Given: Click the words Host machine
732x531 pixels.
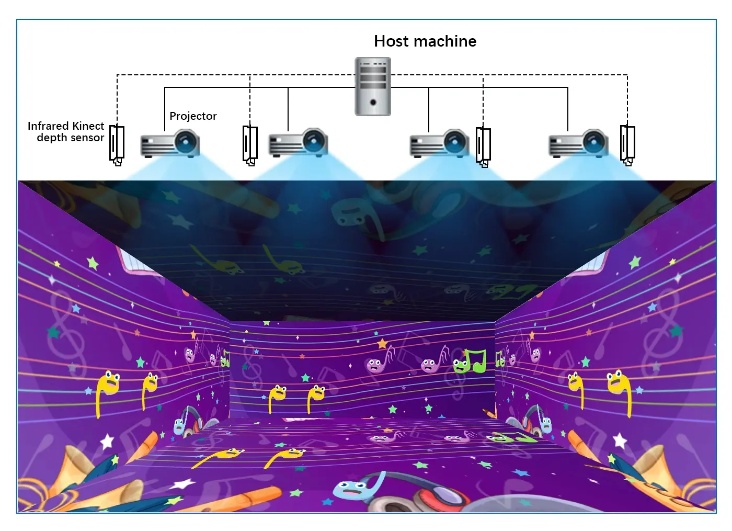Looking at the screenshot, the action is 425,41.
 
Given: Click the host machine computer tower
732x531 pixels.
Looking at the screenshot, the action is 373,86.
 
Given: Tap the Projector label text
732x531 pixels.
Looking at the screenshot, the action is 193,116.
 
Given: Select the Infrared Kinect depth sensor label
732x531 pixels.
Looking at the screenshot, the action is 66,131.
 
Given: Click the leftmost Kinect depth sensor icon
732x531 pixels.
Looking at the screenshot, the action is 117,145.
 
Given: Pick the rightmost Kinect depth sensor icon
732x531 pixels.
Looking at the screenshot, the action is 627,145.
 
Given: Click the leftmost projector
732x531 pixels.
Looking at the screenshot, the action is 170,143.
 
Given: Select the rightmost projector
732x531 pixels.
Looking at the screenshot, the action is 578,143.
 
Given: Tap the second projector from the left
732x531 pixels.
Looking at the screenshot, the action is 299,142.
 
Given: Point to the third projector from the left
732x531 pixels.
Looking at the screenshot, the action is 440,143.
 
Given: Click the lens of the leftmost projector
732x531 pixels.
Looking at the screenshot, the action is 186,142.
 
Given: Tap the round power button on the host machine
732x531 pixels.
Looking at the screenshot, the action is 373,103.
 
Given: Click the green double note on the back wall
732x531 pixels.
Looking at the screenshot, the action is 471,361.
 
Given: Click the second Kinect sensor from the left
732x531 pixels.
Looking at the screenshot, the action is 250,146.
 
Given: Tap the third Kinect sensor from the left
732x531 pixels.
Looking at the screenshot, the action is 483,147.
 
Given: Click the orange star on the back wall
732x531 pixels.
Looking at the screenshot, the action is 382,344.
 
